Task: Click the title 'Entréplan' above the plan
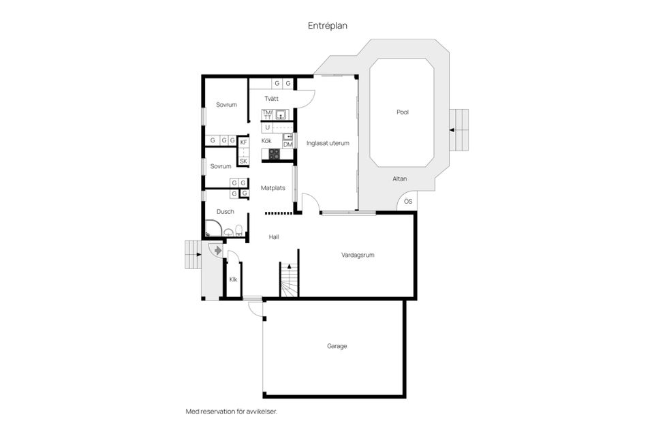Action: (x=328, y=25)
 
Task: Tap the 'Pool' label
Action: (x=403, y=112)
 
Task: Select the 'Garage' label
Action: (x=337, y=346)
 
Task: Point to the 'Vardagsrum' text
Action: (x=358, y=255)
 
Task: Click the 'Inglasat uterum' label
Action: (x=328, y=144)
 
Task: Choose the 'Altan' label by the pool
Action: (x=400, y=179)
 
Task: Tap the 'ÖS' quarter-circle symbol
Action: (x=407, y=202)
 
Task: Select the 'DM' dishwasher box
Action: (x=288, y=144)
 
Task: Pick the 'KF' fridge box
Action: (x=243, y=142)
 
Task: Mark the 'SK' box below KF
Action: (x=243, y=161)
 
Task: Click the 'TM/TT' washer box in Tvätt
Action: (x=267, y=114)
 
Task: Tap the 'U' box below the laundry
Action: (x=268, y=127)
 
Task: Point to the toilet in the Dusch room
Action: (x=239, y=232)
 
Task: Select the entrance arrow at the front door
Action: (x=217, y=251)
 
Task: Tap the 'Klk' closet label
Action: (x=233, y=279)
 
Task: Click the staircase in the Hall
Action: (x=289, y=281)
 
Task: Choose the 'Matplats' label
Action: (x=272, y=187)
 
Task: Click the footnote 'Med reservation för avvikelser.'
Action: (x=232, y=411)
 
